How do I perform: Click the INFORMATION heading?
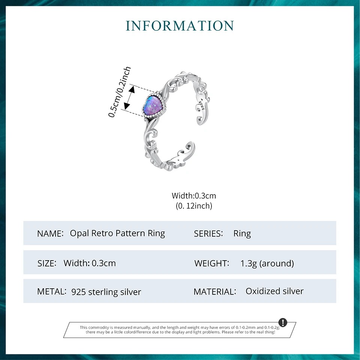click(x=180, y=25)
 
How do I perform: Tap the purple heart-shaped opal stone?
click(x=152, y=107)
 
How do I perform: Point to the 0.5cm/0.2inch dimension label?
click(x=120, y=92)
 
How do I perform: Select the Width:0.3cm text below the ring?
click(x=194, y=196)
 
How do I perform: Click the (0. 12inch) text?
click(x=194, y=205)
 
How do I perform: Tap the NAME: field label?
click(x=50, y=234)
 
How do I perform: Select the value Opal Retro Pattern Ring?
click(x=117, y=233)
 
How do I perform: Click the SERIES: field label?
click(x=208, y=234)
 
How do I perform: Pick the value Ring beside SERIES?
click(x=242, y=234)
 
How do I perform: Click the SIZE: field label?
click(x=47, y=263)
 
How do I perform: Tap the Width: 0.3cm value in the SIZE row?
click(x=90, y=263)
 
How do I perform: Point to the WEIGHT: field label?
click(x=212, y=263)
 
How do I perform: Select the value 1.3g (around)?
click(x=267, y=263)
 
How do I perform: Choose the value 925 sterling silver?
click(x=106, y=292)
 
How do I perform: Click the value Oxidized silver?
click(x=274, y=291)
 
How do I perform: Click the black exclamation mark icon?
click(x=283, y=322)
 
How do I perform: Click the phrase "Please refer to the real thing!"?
click(x=248, y=332)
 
